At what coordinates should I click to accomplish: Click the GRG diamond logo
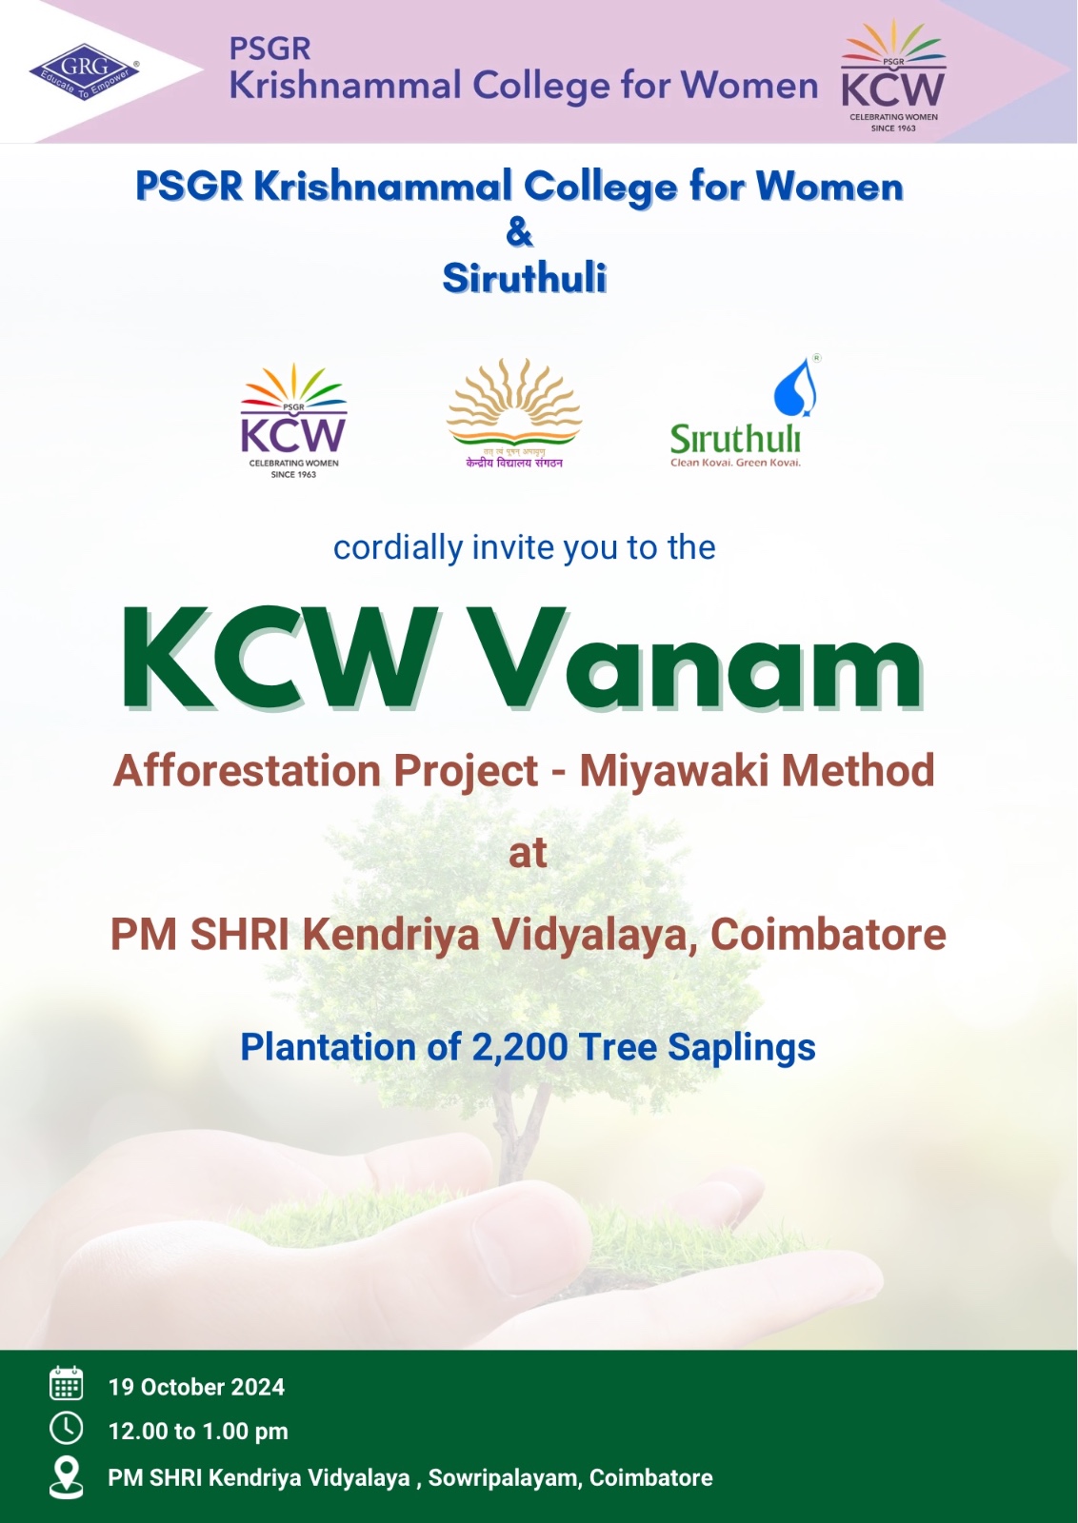coord(84,70)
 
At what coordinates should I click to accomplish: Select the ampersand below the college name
coord(519,231)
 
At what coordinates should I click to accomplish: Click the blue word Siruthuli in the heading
coord(524,278)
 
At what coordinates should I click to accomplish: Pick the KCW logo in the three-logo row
coord(293,419)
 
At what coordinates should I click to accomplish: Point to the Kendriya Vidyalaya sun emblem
coord(514,405)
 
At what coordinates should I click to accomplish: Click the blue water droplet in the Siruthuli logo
coord(795,387)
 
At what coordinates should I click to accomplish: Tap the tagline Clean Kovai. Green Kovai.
coord(735,463)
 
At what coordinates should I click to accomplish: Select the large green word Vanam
coord(698,660)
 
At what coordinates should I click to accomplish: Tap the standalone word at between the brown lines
coord(528,853)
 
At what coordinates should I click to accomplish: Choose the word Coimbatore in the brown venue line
coord(828,935)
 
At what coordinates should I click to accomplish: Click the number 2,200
coord(519,1047)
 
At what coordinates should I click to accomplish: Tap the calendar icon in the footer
coord(66,1384)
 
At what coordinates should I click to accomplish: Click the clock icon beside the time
coord(66,1429)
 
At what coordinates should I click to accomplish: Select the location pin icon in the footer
coord(66,1476)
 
